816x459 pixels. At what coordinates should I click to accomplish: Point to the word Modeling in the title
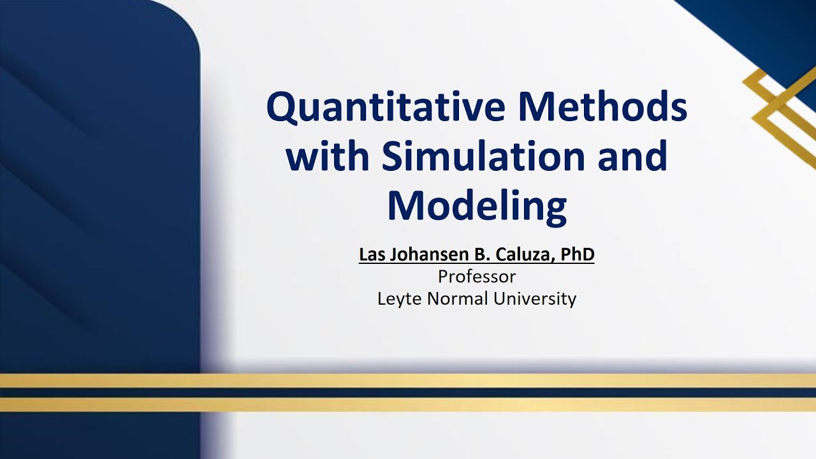point(476,207)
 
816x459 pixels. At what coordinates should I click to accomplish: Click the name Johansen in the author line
point(417,255)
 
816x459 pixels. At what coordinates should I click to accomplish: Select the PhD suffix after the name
point(578,255)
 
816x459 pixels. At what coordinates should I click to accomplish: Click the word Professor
point(476,277)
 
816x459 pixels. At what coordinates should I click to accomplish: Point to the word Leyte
point(400,298)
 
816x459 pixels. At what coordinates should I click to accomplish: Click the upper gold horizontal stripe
point(408,381)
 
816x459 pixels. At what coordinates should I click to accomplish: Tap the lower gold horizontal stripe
point(408,404)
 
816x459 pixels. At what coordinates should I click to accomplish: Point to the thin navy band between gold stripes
point(408,393)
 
